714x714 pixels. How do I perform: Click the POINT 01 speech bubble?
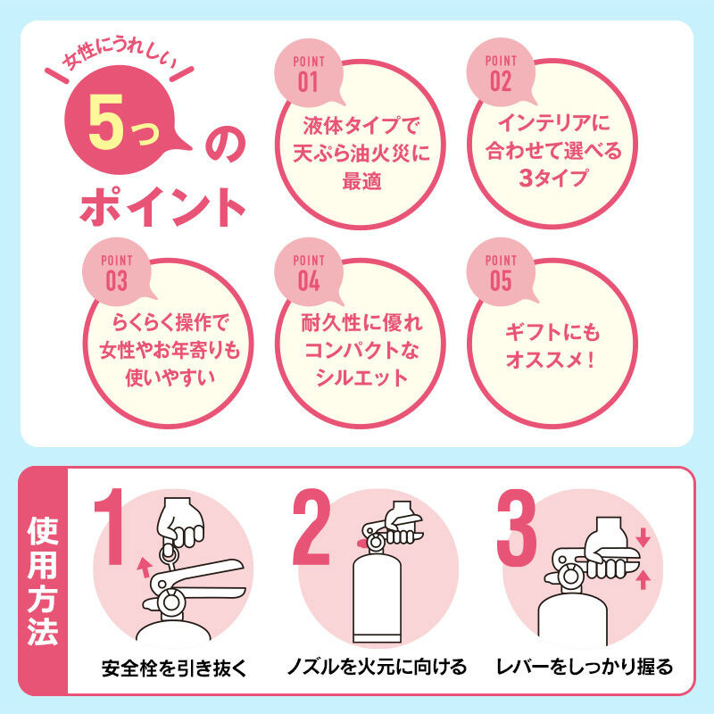point(308,73)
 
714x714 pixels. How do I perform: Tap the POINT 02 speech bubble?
point(501,73)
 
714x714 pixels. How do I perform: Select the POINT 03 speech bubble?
point(117,272)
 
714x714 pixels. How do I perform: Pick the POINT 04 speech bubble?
point(309,272)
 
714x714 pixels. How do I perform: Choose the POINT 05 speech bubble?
point(501,272)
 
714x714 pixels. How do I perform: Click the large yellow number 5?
point(106,122)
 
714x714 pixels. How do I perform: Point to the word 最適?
point(362,181)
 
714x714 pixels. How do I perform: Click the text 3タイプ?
point(553,178)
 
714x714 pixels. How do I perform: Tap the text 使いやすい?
point(170,378)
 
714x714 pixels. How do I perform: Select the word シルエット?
point(361,378)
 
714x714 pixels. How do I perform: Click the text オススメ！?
point(551,361)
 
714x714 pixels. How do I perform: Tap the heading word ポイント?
point(162,207)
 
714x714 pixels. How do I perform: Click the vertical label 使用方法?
point(43,581)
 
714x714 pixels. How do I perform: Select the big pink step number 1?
point(111,527)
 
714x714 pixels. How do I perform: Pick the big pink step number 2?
point(311,527)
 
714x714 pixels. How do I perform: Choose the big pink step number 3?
point(517,527)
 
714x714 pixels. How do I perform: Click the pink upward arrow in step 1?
point(145,568)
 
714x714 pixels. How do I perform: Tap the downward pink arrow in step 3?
point(643,537)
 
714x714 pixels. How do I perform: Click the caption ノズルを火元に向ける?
point(377,667)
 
